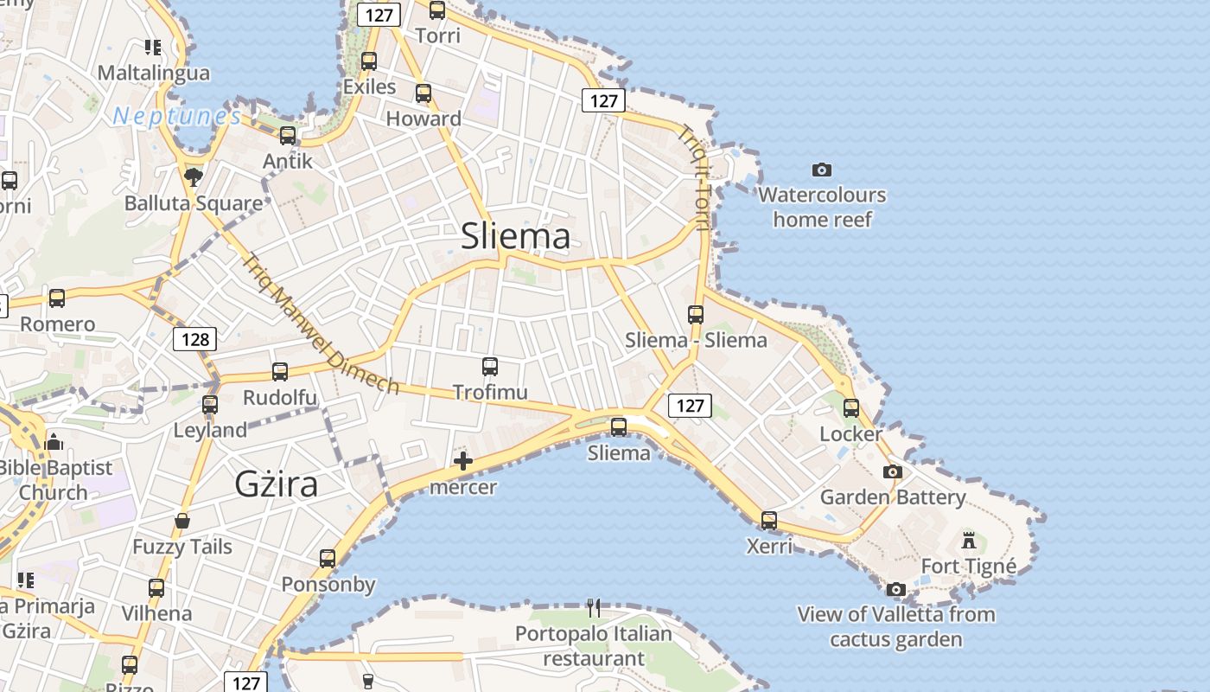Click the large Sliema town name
[515, 236]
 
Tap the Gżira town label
[277, 484]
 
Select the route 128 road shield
[195, 339]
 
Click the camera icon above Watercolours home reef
[822, 170]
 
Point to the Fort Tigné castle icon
[969, 541]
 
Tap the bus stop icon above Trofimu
[490, 367]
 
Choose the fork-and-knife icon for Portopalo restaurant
[594, 608]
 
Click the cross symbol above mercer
[463, 461]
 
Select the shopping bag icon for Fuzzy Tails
[182, 521]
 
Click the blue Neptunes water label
[176, 116]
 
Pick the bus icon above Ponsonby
[328, 559]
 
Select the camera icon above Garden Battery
[893, 472]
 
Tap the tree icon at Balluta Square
[194, 177]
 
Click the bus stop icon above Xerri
[769, 521]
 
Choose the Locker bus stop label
[851, 433]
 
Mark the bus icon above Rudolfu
[280, 372]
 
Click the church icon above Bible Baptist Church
[54, 442]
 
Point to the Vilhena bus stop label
[156, 614]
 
